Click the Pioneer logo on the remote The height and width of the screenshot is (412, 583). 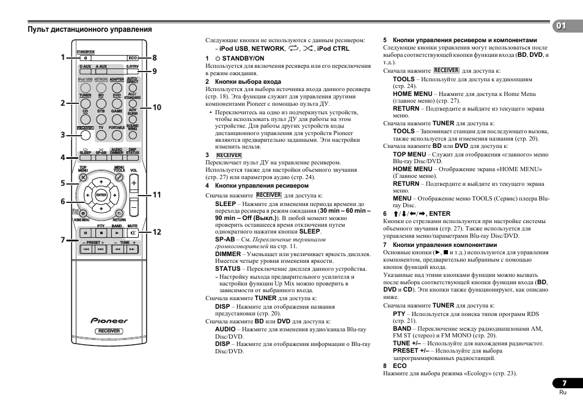coord(109,320)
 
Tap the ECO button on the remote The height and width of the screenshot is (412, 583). coord(133,58)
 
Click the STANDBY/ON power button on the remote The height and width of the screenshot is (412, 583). coord(86,58)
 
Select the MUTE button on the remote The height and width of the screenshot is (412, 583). coord(133,233)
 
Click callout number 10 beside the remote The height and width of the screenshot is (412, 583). coord(156,108)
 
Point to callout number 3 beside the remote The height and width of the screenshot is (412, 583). coord(62,134)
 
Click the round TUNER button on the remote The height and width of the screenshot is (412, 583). coord(86,104)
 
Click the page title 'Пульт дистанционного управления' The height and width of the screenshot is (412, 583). coord(89,29)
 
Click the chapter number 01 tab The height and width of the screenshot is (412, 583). coord(561,26)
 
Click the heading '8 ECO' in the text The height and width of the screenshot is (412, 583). coord(395,366)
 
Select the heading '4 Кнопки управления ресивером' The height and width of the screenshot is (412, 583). coord(257,186)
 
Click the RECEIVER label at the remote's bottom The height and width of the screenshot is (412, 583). coord(109,331)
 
